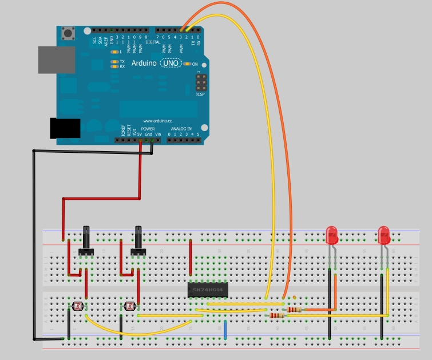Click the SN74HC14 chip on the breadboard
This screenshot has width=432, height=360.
pos(208,290)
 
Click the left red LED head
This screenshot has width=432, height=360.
pos(331,234)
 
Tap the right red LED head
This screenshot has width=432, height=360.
pos(383,234)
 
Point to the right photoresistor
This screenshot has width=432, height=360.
pos(129,307)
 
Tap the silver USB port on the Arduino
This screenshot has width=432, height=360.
pos(56,60)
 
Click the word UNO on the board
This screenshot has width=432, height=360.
pos(169,64)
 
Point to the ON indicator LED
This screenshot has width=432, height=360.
pos(187,64)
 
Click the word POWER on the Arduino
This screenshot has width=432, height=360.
pos(148,129)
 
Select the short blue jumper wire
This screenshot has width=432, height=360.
pos(225,330)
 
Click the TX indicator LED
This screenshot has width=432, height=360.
pos(115,61)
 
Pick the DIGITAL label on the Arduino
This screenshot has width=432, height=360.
pos(153,41)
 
